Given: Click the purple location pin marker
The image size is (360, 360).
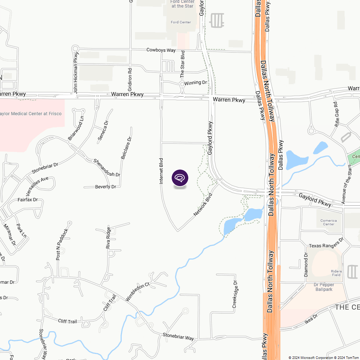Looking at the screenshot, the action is pyautogui.click(x=180, y=178).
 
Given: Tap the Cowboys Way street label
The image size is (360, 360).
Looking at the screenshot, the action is pyautogui.click(x=161, y=50).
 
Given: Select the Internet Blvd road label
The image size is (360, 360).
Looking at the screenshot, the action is pyautogui.click(x=162, y=171).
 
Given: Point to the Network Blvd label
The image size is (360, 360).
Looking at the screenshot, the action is pyautogui.click(x=203, y=205).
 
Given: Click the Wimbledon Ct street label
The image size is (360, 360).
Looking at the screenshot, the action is pyautogui.click(x=137, y=292).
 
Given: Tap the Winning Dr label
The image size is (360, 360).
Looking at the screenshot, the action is pyautogui.click(x=196, y=83).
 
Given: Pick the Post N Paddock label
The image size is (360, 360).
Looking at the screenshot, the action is pyautogui.click(x=62, y=244).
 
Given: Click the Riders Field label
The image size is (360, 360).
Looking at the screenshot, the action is pyautogui.click(x=336, y=273).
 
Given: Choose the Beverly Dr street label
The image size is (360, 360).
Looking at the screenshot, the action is pyautogui.click(x=105, y=187).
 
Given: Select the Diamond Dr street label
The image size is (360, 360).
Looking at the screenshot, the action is pyautogui.click(x=306, y=265).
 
